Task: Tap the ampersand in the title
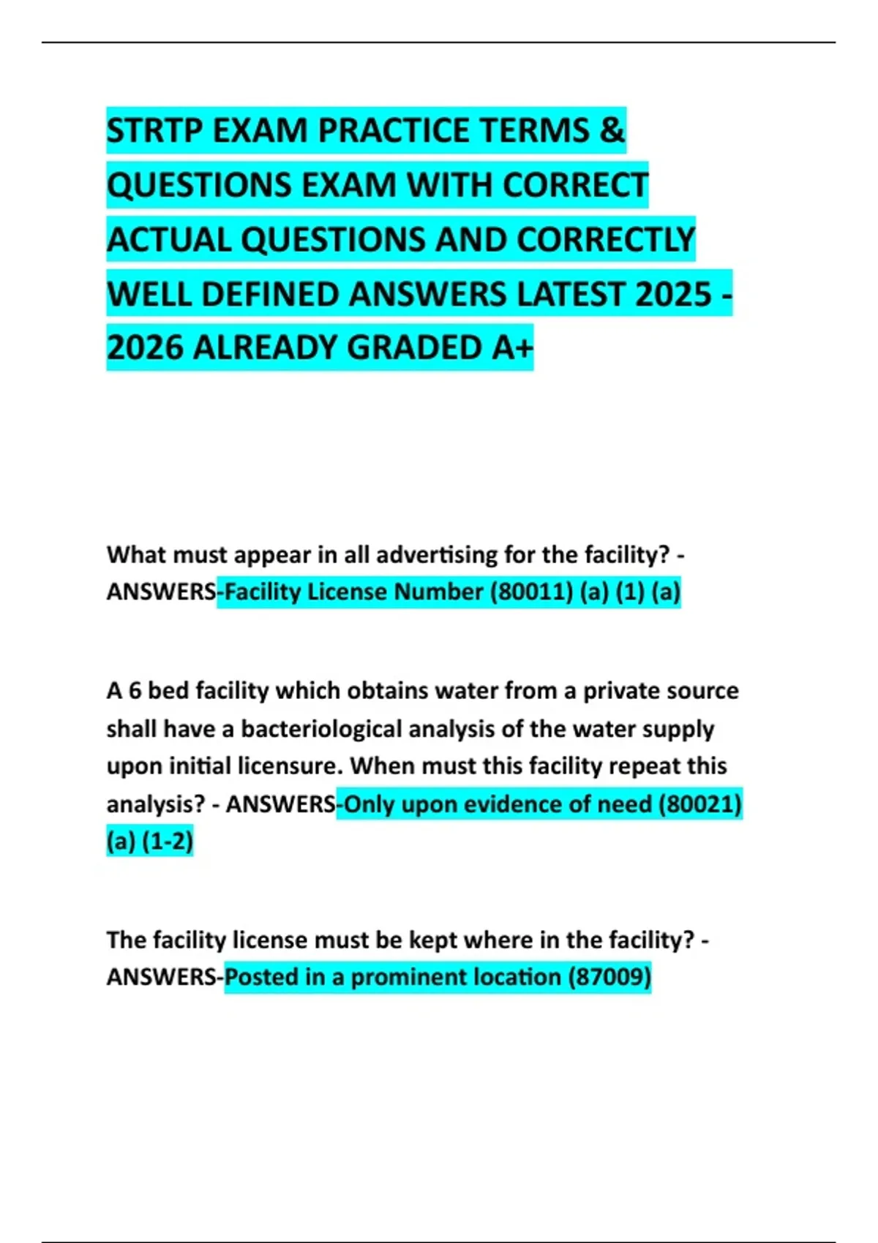[612, 131]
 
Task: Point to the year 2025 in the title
[673, 295]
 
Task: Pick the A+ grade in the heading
[511, 348]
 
